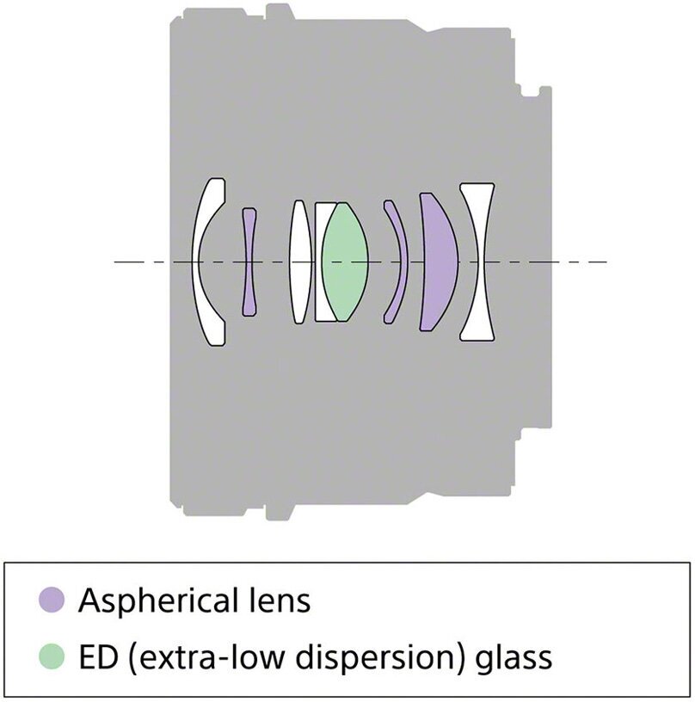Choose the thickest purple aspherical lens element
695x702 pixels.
[440, 262]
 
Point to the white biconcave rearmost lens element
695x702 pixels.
[478, 262]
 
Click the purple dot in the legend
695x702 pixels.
[52, 600]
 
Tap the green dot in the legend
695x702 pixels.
[52, 657]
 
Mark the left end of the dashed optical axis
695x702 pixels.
[116, 262]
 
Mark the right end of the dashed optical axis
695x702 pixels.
[606, 262]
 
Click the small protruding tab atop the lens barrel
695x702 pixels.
[278, 11]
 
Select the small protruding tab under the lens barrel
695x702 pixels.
[278, 513]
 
